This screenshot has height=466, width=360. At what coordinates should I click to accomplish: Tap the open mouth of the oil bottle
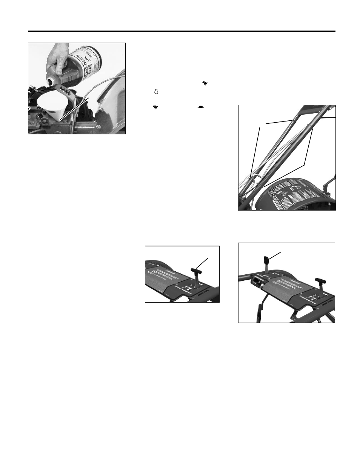coord(50,81)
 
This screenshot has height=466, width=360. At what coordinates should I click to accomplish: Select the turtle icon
coord(201,107)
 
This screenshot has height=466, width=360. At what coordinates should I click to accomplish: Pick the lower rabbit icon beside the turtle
coord(155,108)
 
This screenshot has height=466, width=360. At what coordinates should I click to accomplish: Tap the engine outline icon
coord(155,92)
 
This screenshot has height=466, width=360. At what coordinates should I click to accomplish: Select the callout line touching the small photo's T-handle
coord(203,263)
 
